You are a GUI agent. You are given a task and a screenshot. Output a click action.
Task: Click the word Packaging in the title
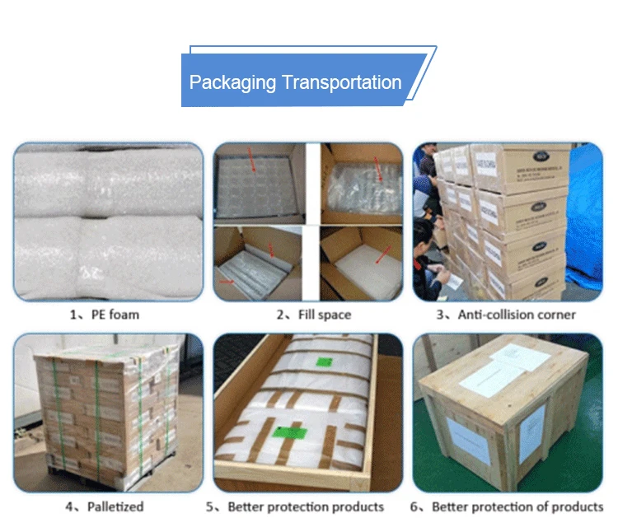[x=232, y=82]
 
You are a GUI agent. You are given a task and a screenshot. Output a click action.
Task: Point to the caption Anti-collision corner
[x=517, y=315]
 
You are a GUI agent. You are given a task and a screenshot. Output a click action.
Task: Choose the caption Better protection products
[x=306, y=506]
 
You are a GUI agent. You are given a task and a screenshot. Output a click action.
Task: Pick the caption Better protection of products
[x=517, y=506]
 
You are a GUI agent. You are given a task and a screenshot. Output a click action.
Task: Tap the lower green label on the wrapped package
[x=288, y=432]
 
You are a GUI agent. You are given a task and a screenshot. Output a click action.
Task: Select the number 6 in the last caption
[x=417, y=506]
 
